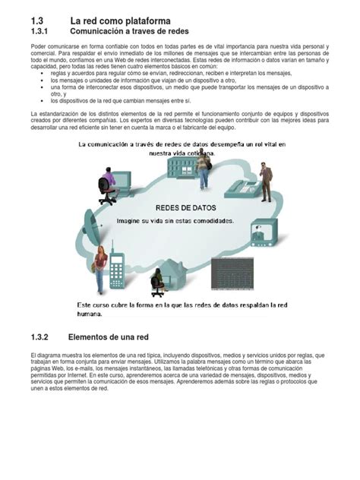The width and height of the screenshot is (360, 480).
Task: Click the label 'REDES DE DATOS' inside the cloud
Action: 186,207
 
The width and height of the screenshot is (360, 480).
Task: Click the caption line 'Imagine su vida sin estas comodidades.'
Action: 175,221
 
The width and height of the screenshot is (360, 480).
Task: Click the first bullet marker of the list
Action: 43,73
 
